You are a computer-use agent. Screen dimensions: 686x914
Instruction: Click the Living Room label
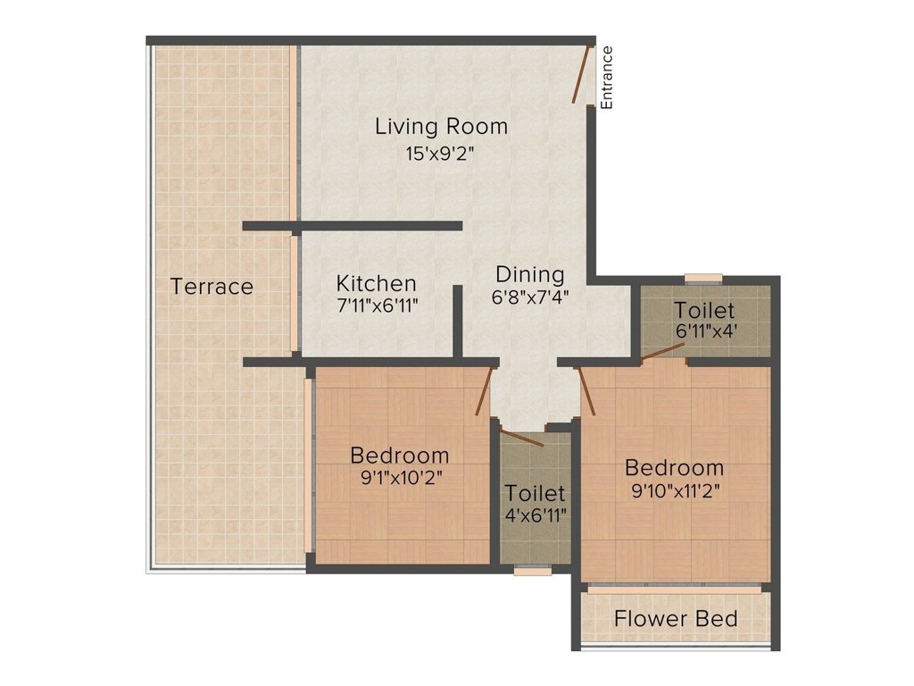pos(441,126)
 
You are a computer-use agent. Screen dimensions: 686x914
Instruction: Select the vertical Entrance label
pos(607,77)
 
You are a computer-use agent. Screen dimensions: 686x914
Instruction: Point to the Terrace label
pos(212,287)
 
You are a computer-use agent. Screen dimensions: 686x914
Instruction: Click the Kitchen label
pos(376,283)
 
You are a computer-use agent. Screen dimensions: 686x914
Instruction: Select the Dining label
pos(530,274)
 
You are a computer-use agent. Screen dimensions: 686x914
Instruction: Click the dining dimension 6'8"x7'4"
pos(530,296)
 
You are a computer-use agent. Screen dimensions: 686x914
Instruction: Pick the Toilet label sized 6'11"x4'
pos(704,311)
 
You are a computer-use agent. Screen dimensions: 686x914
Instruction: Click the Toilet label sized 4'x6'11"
pos(535,493)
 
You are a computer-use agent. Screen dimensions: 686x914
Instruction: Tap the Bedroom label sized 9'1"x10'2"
pos(399,455)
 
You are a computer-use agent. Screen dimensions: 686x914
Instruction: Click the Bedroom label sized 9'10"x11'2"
pos(674,467)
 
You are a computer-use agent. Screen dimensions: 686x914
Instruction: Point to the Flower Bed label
pos(676,618)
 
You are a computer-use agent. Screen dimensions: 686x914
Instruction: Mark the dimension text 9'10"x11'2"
pos(674,489)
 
